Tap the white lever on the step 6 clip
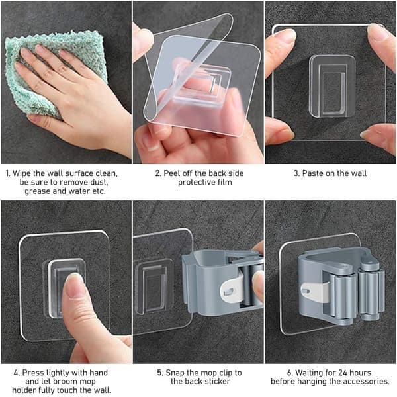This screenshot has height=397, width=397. (x=314, y=292)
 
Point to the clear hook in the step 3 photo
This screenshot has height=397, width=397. (x=332, y=86)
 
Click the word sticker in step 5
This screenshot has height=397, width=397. (x=217, y=381)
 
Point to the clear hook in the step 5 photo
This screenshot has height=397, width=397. (x=154, y=286)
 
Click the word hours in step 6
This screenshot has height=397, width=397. (x=361, y=373)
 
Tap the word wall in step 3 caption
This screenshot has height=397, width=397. (x=358, y=173)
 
